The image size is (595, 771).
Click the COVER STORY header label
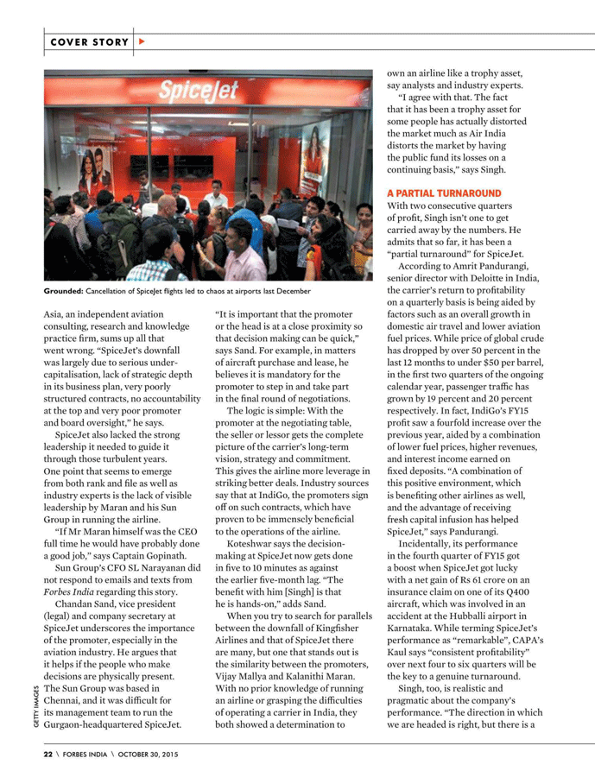pyautogui.click(x=89, y=41)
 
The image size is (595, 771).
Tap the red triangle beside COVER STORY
pyautogui.click(x=142, y=41)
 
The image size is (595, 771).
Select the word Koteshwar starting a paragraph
pyautogui.click(x=253, y=547)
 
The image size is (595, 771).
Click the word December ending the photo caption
pyautogui.click(x=287, y=294)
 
